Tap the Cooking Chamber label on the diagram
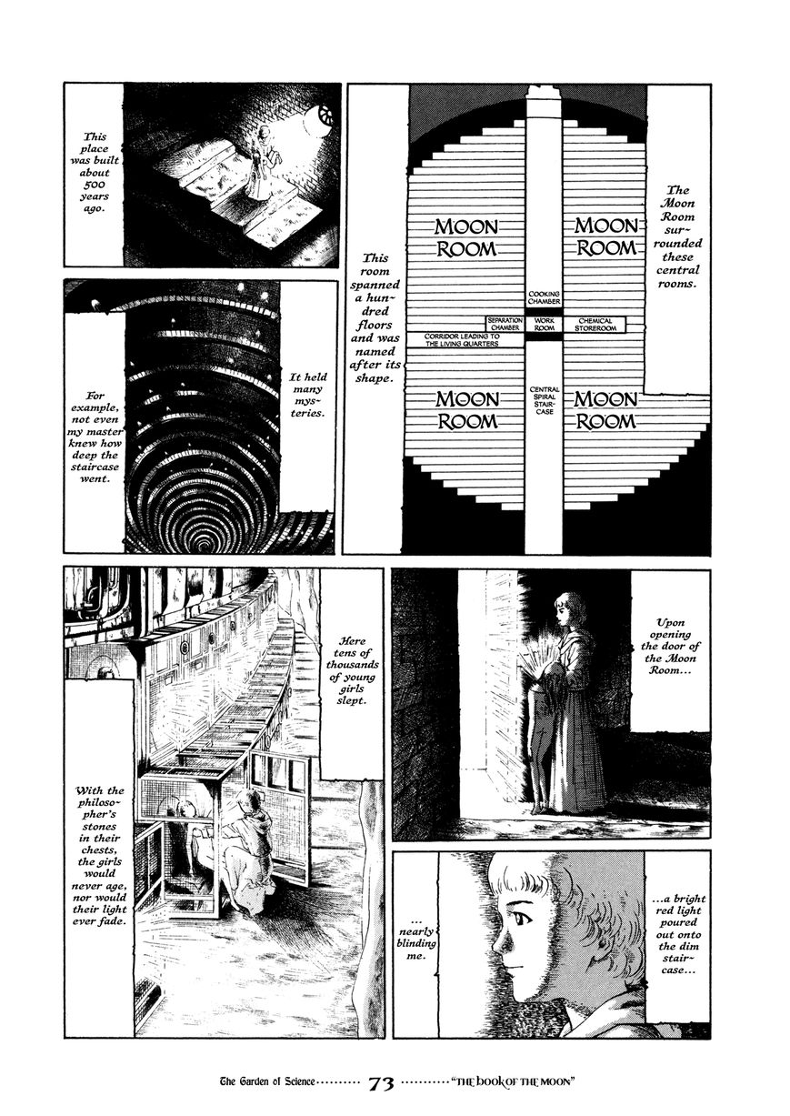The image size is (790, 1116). point(544,298)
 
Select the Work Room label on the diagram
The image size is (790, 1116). point(544,325)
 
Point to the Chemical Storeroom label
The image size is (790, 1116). point(595,325)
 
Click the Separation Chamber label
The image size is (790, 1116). point(505,324)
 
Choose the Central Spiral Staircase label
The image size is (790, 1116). point(545,400)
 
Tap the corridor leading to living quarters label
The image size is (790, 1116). point(462,340)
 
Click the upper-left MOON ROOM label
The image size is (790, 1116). point(466,237)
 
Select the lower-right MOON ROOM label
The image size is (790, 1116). point(606,410)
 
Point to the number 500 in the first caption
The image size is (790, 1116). point(95,185)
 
